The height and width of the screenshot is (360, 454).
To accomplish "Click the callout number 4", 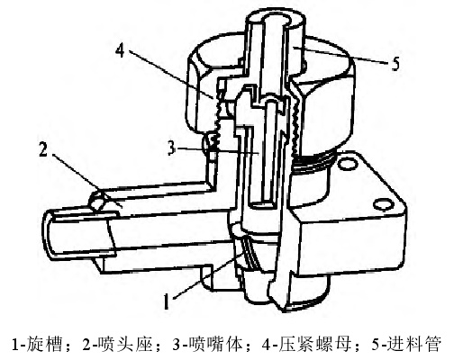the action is pyautogui.click(x=120, y=51).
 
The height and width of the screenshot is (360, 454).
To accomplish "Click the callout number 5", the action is pyautogui.click(x=395, y=64).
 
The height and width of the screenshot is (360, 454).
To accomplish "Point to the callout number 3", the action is pyautogui.click(x=171, y=148).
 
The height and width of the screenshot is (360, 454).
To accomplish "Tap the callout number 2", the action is pyautogui.click(x=43, y=149).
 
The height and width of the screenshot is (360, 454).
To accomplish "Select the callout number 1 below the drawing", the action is pyautogui.click(x=166, y=301).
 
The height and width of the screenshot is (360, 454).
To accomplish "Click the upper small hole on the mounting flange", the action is pyautogui.click(x=345, y=164).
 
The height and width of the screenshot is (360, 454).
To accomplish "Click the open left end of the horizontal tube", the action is pyautogui.click(x=48, y=235).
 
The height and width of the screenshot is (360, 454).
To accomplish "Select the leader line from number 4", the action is pyautogui.click(x=172, y=74).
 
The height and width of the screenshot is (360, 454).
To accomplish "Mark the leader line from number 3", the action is pyautogui.click(x=218, y=150).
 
